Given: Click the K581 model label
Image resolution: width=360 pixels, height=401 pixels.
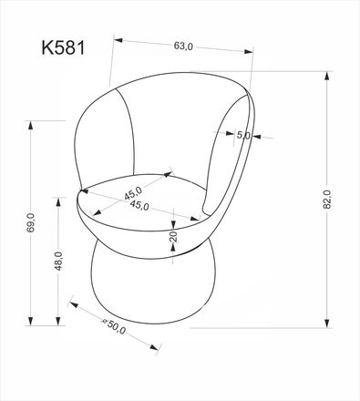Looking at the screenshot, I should tap(61, 46).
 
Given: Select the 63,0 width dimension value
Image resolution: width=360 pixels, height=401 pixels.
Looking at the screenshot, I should tap(183, 48).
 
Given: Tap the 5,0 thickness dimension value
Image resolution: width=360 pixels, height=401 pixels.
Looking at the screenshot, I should tap(242, 135).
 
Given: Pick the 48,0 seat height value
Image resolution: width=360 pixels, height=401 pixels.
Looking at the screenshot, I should tap(57, 262).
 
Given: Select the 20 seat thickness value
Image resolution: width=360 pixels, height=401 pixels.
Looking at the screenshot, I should tap(173, 240).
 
